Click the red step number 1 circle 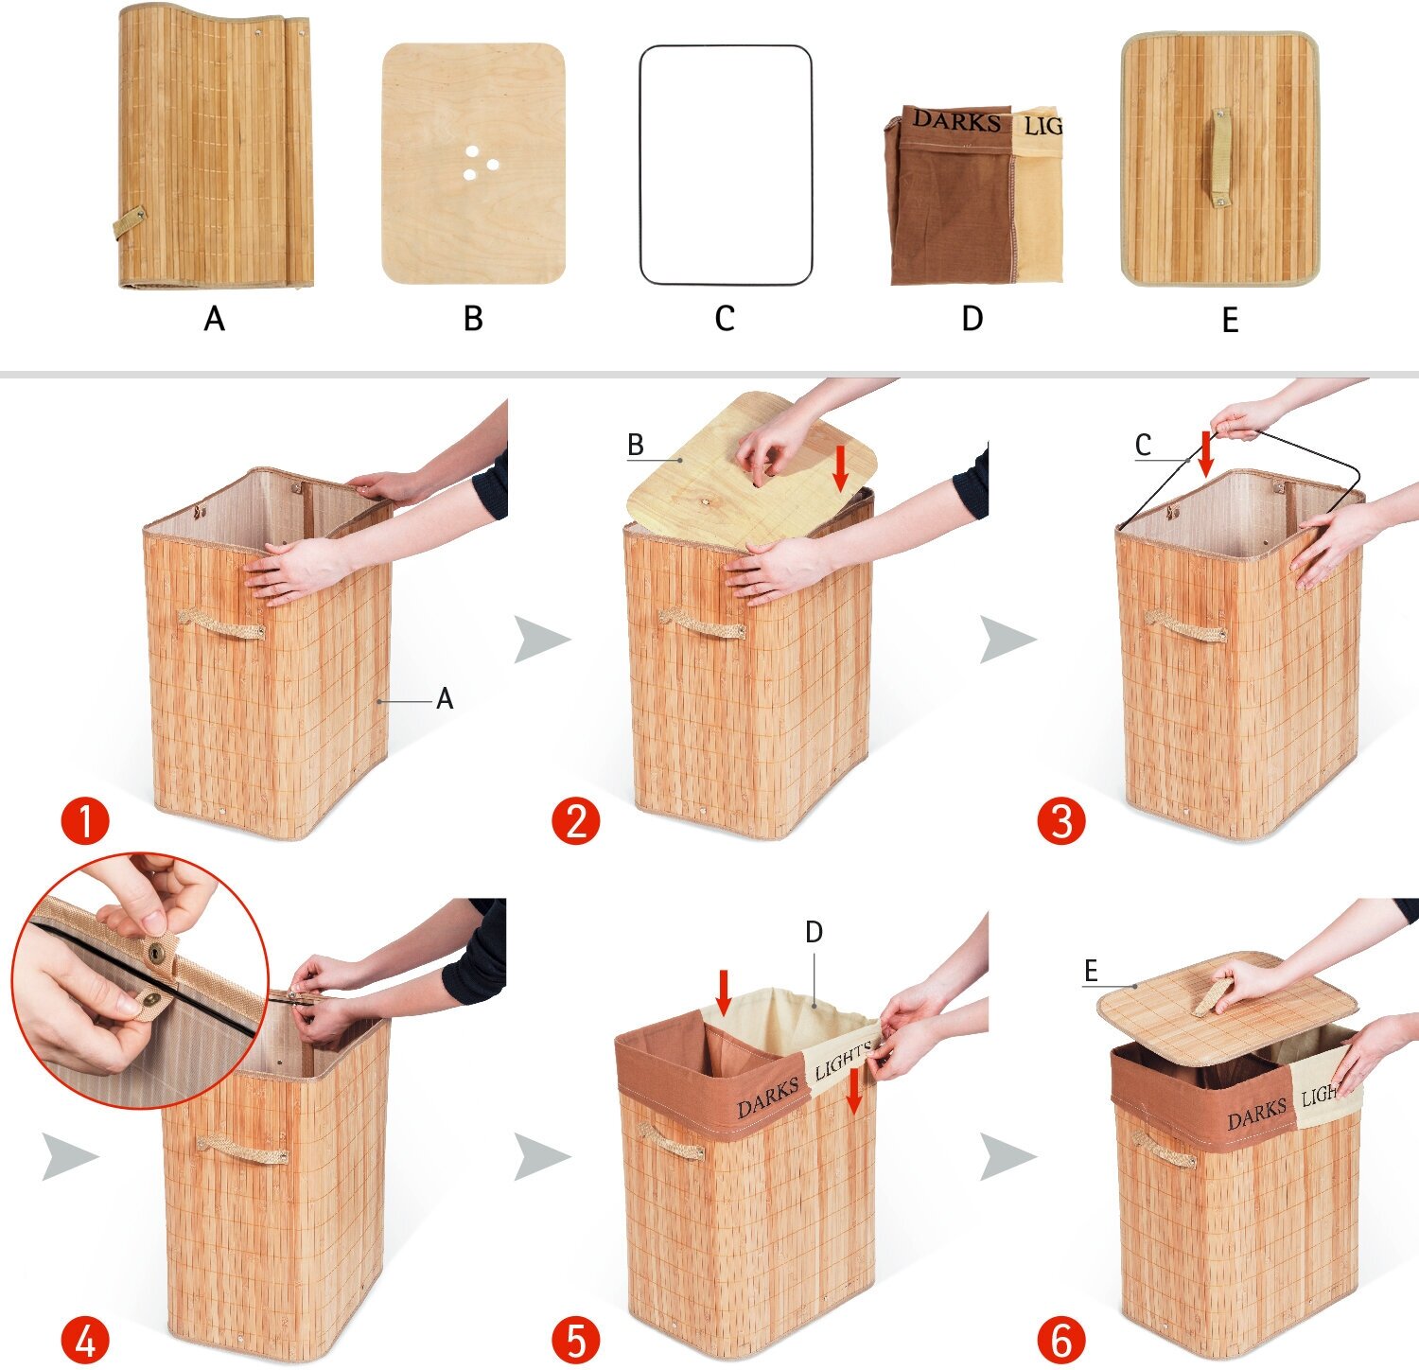coord(85,820)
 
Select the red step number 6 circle coord(1060,1340)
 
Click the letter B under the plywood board coord(473,319)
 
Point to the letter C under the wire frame coord(725,319)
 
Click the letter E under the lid coord(1230,321)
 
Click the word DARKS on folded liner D coord(956,121)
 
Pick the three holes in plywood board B coord(480,164)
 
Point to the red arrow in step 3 coord(1205,454)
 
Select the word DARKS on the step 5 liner coord(768,1098)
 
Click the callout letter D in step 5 coord(814,933)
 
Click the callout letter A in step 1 coord(445,699)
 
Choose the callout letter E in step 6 coord(1091,971)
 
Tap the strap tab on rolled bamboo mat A coord(129,223)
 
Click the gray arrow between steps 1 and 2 coord(541,639)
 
